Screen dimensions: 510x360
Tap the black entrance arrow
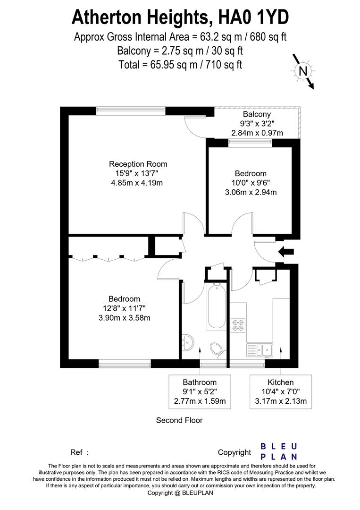click(286, 252)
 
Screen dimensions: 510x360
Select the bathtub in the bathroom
click(217, 306)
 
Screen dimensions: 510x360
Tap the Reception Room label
click(138, 164)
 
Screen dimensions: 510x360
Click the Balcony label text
click(257, 114)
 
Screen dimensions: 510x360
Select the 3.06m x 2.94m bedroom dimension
click(251, 192)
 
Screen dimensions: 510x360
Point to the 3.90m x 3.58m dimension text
click(125, 317)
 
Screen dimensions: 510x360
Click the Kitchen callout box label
click(281, 382)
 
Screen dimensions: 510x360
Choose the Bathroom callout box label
click(200, 382)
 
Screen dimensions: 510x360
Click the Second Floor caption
click(179, 420)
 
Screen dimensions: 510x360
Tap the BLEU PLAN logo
click(279, 451)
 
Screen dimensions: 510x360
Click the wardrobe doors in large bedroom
click(108, 257)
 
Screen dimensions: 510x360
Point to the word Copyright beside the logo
click(234, 452)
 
